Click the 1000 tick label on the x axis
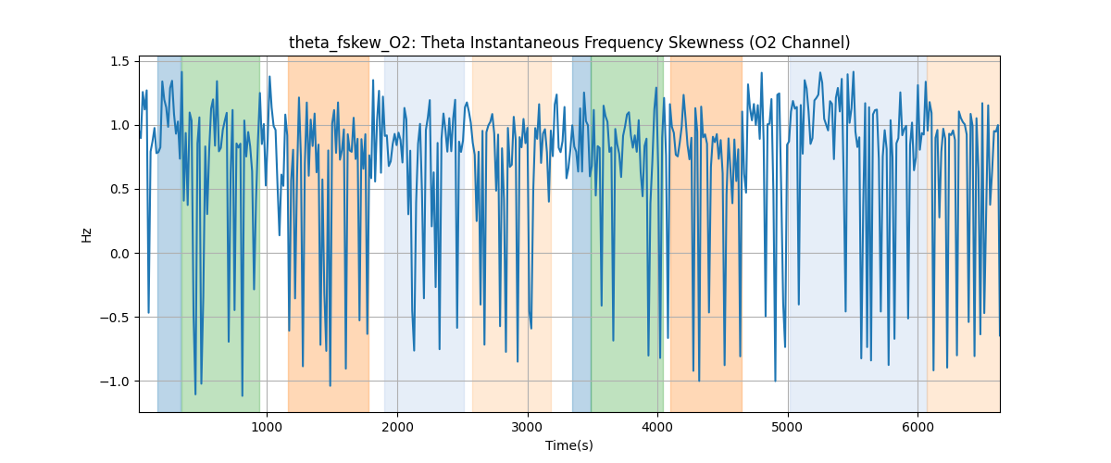coord(267,427)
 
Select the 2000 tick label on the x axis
coord(397,427)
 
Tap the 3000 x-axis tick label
coord(528,427)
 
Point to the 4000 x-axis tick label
coord(657,427)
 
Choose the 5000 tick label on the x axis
coord(788,427)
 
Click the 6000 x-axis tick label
coord(918,427)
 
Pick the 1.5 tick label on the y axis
coord(119,61)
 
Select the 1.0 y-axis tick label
coord(119,125)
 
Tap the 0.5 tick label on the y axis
coord(119,189)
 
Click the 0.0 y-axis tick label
coord(119,253)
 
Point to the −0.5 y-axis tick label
coord(116,318)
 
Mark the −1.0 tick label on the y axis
coord(116,382)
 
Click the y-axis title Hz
coord(87,234)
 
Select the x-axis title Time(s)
coord(569,445)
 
